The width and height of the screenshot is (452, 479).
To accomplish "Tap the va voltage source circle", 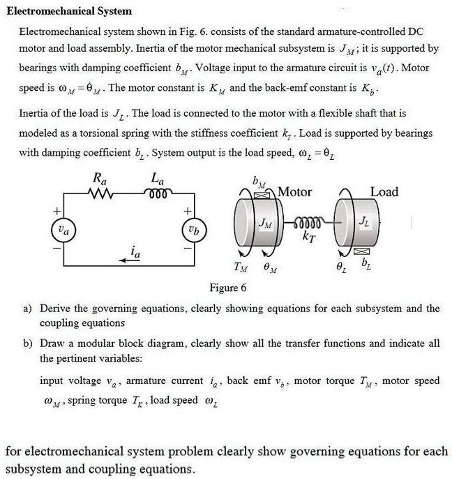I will (63, 228).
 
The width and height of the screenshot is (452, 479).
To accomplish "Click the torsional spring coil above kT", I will (306, 222).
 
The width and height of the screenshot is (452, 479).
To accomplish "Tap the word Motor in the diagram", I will (295, 192).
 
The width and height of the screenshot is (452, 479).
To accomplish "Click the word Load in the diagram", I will (384, 192).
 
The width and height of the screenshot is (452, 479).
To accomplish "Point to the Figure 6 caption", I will (228, 288).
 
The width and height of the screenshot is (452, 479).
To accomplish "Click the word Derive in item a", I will (55, 308).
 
